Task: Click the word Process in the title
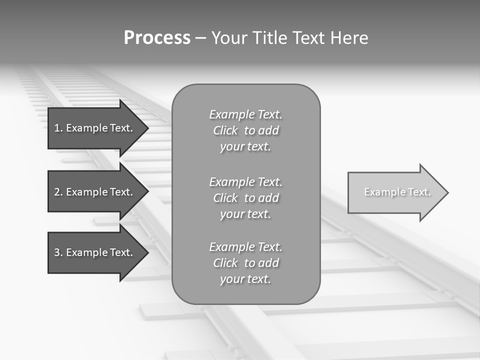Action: [157, 38]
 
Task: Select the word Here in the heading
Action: [349, 38]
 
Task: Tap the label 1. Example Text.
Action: [93, 128]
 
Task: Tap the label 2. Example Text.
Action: [93, 192]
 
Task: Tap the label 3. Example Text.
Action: [93, 252]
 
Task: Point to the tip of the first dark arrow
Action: [148, 128]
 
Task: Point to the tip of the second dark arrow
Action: [148, 191]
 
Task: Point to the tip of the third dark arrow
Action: [148, 252]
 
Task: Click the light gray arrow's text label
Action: [397, 192]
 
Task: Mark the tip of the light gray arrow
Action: [448, 192]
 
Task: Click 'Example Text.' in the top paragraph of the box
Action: [245, 114]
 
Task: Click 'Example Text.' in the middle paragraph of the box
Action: [245, 182]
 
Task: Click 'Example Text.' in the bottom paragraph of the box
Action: [245, 247]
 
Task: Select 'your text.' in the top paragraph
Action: [245, 147]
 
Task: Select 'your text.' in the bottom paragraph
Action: [245, 279]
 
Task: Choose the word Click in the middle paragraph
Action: [225, 198]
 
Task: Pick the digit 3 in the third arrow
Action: [57, 252]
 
